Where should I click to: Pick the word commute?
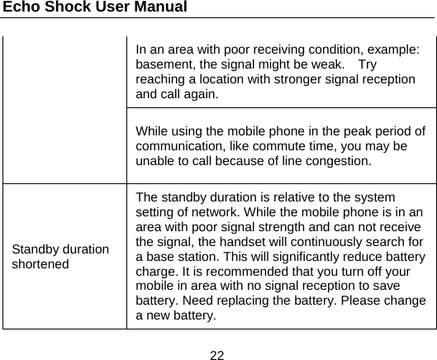click(x=262, y=146)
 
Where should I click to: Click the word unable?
click(x=155, y=160)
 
